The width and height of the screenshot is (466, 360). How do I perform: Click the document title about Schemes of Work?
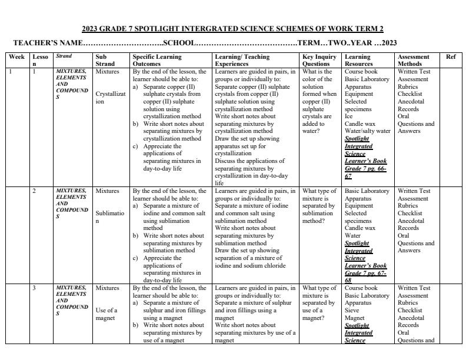(x=232, y=28)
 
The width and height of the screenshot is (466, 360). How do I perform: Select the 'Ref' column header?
(x=451, y=57)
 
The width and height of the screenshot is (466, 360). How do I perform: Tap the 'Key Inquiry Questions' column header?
(x=319, y=60)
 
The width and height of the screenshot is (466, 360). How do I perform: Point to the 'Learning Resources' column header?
(x=358, y=60)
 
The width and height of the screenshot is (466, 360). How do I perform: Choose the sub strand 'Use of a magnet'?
(x=106, y=314)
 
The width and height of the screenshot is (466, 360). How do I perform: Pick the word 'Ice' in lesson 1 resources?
(x=348, y=116)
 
